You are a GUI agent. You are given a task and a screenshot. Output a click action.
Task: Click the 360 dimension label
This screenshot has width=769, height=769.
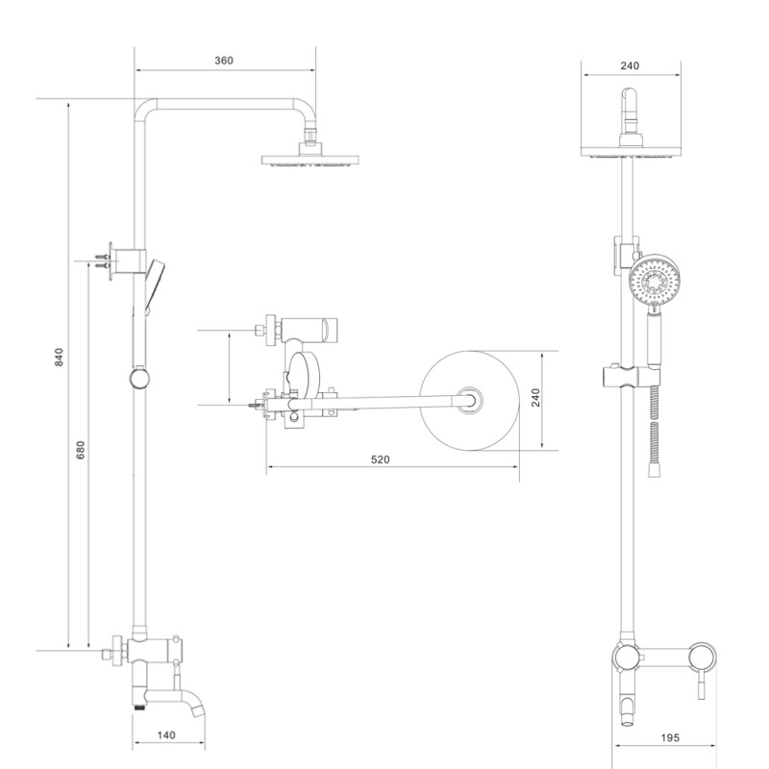point(223,61)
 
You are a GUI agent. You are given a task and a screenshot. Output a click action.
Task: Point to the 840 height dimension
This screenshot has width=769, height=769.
point(59,358)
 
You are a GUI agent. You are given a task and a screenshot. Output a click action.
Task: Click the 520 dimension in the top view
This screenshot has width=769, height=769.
point(380,460)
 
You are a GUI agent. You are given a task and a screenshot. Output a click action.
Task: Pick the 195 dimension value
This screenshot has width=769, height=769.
point(671,737)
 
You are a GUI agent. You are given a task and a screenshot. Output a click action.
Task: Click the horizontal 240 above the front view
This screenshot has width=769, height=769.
point(631,66)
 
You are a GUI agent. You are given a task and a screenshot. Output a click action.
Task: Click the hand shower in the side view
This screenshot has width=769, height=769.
point(154,279)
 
